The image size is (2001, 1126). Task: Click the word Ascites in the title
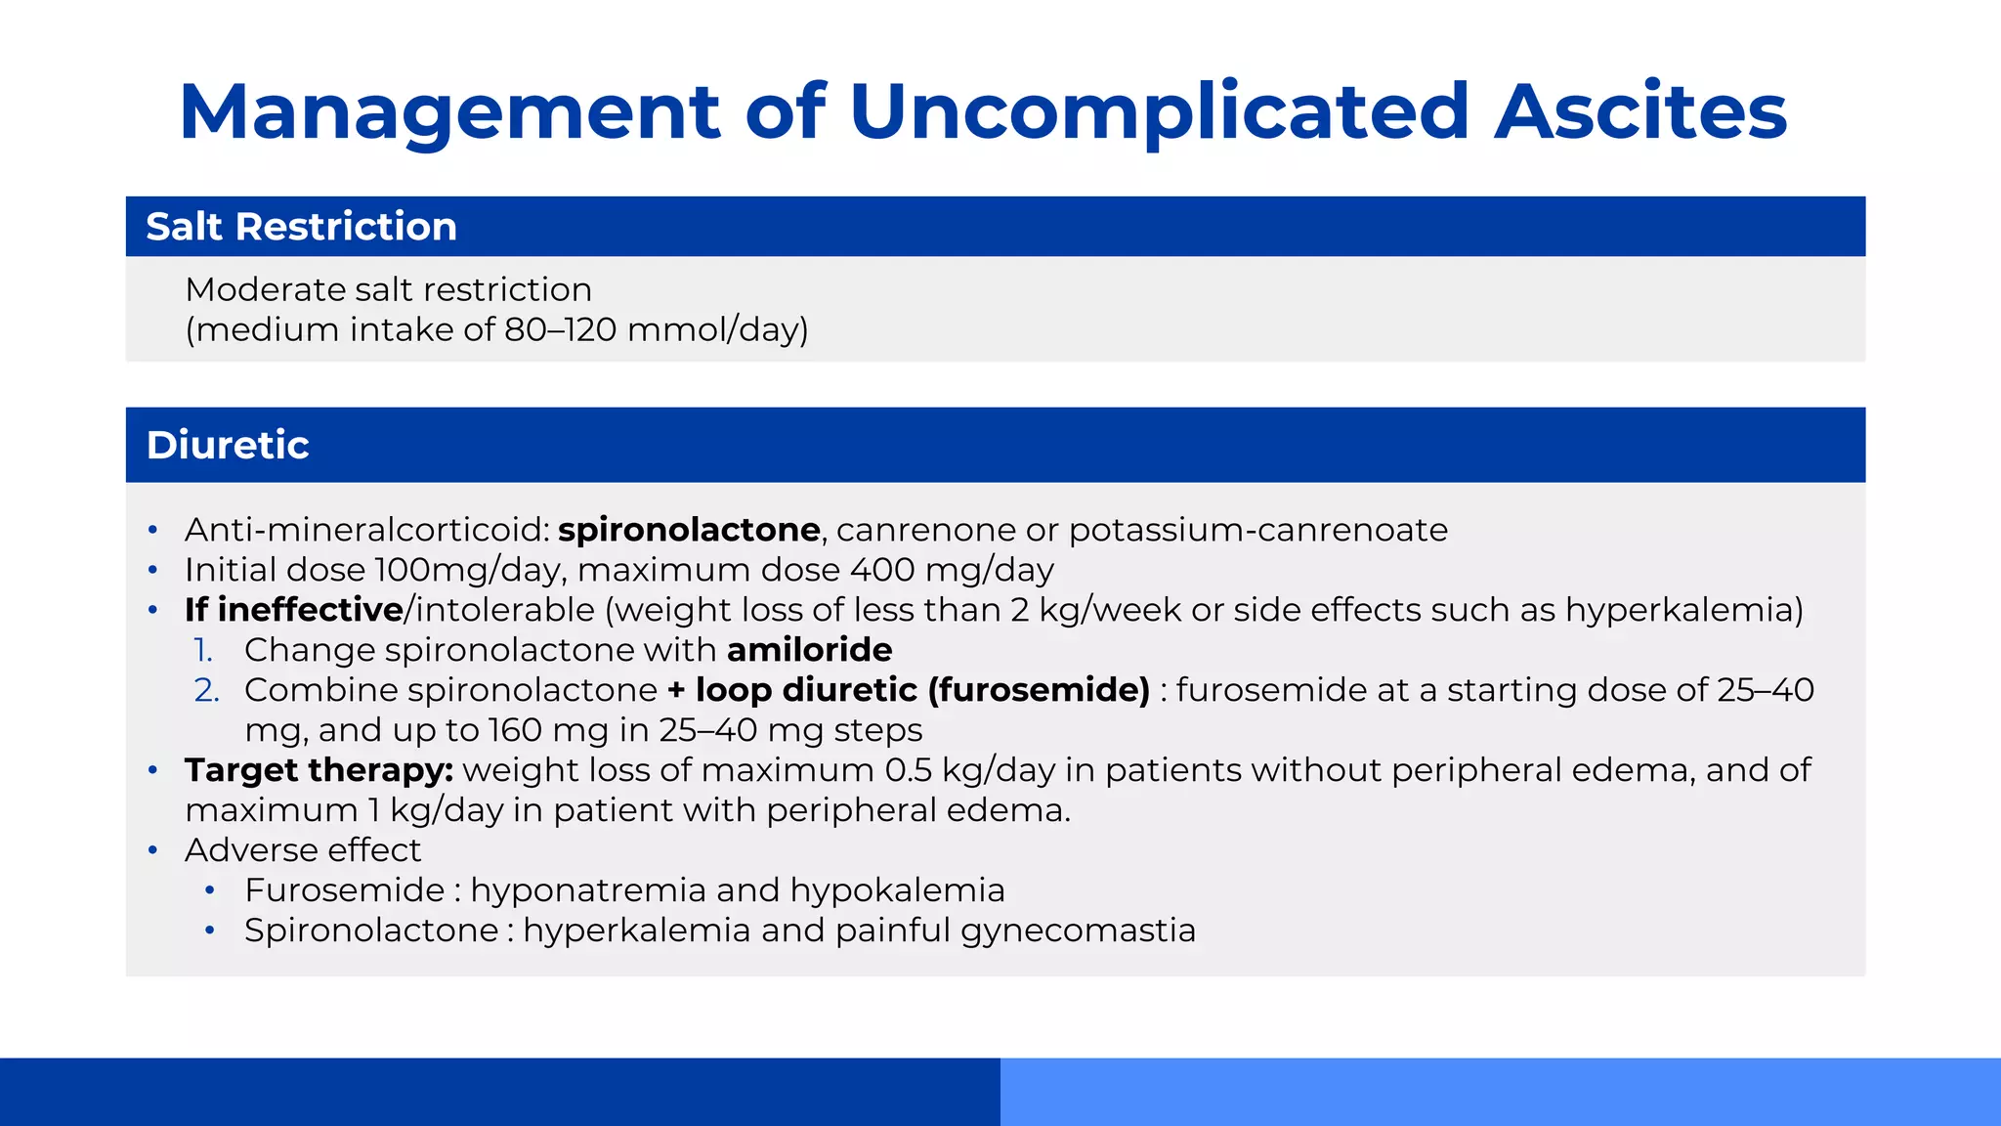1640,111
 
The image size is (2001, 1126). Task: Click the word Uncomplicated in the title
1159,111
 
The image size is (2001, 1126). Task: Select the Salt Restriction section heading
301,227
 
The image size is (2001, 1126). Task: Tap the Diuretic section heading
228,445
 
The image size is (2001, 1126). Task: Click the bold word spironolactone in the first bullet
689,530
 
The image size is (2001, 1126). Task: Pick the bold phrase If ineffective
293,610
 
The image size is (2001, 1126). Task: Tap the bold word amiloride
809,650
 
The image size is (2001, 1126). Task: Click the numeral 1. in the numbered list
203,650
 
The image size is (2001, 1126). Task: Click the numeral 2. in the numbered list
206,690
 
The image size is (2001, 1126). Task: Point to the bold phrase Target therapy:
319,770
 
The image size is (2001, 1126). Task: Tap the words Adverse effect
303,850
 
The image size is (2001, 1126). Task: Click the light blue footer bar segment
1500,1091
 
